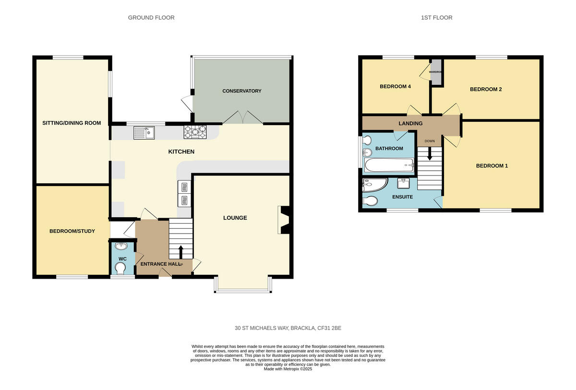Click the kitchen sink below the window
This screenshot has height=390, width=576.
144,132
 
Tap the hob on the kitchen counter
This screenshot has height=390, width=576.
195,131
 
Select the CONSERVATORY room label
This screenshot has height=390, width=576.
241,91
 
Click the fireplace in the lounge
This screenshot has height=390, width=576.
284,220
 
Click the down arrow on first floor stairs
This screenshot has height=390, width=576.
429,154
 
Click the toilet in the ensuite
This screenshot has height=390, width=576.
370,201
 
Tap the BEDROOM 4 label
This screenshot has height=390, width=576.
395,87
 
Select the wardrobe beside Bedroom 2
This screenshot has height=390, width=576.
436,72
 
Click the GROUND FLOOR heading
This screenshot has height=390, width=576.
151,18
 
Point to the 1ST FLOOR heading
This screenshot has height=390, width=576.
436,18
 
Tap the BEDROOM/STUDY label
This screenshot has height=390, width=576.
72,231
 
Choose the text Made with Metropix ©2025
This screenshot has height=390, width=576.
288,369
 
